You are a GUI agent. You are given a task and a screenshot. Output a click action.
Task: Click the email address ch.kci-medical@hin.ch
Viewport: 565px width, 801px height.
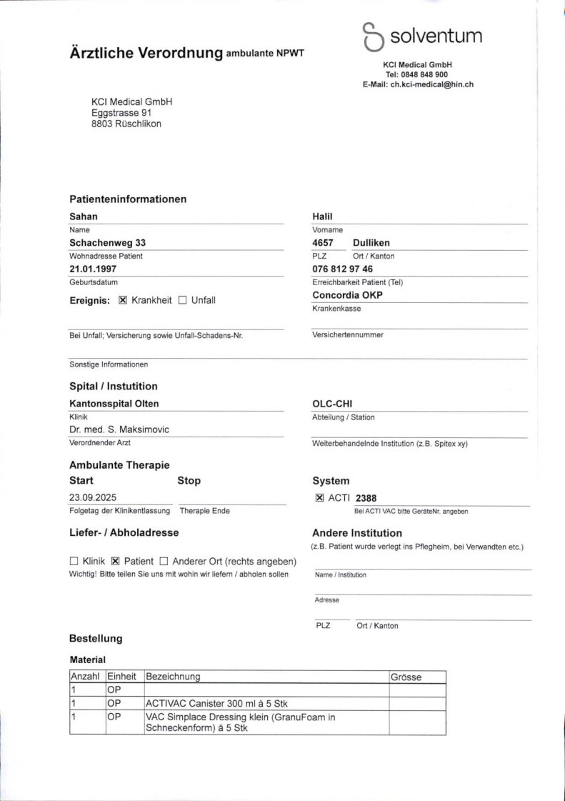click(431, 84)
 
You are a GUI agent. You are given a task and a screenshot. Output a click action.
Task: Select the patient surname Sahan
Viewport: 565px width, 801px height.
click(84, 217)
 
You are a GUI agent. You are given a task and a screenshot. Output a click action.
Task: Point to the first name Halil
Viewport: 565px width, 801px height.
click(323, 217)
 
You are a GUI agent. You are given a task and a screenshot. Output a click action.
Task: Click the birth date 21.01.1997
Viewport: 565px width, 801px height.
click(93, 269)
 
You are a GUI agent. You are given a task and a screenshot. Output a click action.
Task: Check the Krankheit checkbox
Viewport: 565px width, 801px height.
click(122, 300)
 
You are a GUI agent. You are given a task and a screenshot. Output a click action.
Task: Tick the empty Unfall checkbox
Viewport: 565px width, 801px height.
click(182, 300)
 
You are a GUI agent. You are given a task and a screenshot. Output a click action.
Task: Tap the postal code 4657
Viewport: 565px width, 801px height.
click(323, 243)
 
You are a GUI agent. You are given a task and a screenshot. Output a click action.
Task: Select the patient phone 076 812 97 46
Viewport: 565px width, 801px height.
click(342, 269)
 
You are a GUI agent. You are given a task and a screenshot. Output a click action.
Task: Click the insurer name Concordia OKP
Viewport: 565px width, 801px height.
click(347, 294)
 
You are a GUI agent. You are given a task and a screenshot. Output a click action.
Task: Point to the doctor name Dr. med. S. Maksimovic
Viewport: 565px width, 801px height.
click(119, 429)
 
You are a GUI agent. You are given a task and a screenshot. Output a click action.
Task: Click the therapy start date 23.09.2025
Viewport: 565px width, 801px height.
click(94, 497)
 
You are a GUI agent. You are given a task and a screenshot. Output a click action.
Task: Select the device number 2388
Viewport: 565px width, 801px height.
click(366, 498)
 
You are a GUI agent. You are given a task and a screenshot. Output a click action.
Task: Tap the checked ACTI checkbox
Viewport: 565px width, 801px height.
click(319, 498)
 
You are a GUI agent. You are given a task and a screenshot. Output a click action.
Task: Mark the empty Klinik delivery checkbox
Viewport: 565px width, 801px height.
click(74, 561)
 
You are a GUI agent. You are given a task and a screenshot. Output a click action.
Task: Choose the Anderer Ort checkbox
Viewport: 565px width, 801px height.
click(164, 561)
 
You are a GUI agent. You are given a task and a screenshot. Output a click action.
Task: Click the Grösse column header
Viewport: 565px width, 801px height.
click(406, 677)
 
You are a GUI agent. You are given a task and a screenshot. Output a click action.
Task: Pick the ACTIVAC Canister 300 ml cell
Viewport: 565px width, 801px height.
click(216, 703)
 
